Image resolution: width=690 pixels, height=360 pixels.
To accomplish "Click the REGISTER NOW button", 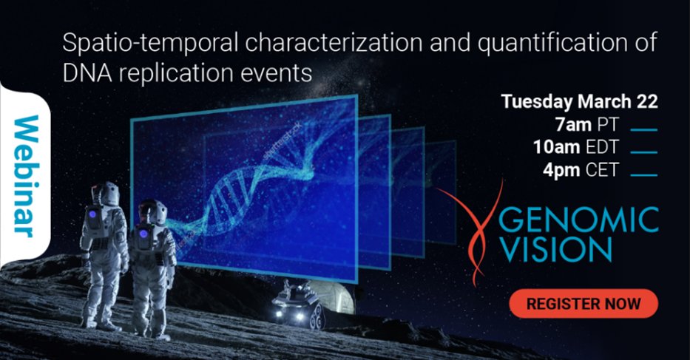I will pos(583,303).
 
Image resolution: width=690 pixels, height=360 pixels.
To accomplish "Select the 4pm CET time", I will pos(589,170).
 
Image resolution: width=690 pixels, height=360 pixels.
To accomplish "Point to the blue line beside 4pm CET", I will pos(645,175).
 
